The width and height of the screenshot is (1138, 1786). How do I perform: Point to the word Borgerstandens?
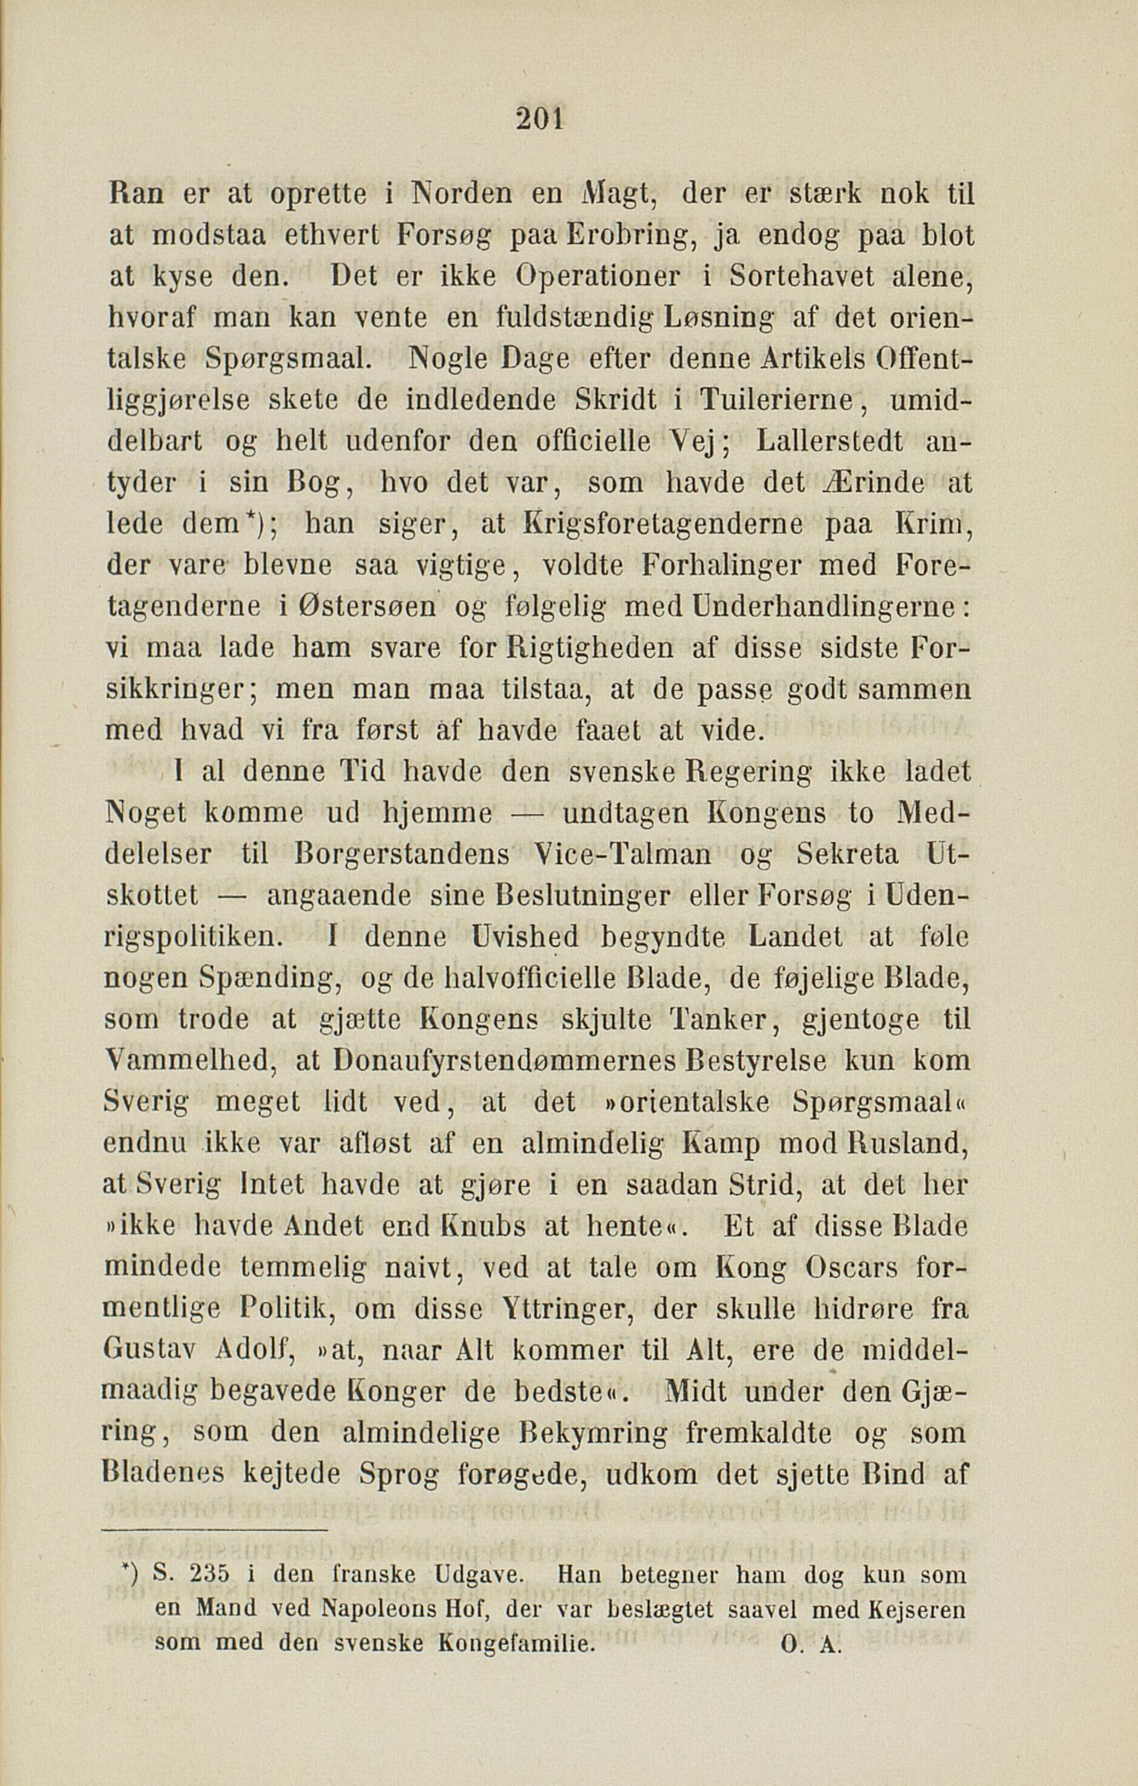tap(402, 855)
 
